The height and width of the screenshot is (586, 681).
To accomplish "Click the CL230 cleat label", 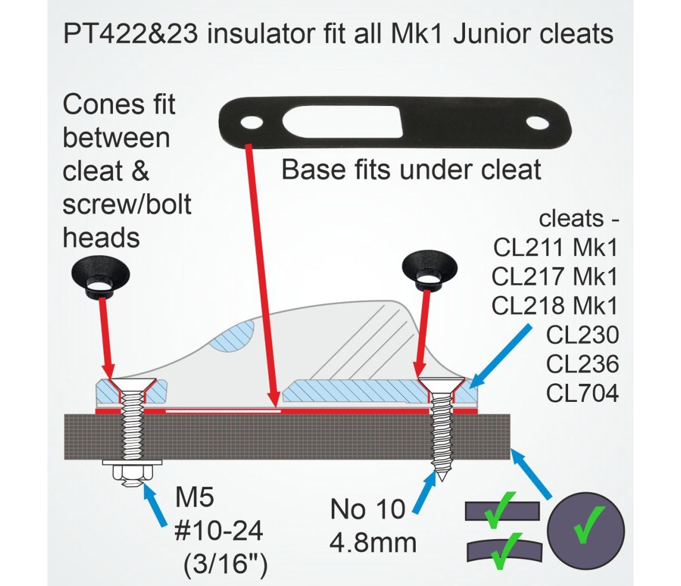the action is click(583, 335).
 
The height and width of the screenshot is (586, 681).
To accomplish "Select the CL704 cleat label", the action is click(583, 394).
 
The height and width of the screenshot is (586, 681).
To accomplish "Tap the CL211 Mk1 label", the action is click(555, 248).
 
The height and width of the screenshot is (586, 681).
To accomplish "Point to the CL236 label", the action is click(583, 364).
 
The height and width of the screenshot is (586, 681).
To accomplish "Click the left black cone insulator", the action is click(101, 278).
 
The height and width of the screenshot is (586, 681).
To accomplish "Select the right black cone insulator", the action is click(430, 270).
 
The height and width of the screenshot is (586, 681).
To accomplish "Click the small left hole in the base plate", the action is click(251, 123).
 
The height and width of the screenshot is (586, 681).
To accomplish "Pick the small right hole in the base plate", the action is click(537, 123).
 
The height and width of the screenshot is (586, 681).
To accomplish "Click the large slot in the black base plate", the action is click(342, 122).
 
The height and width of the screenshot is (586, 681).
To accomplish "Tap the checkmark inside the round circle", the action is click(589, 525).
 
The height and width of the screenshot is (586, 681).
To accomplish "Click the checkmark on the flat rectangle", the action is click(500, 510).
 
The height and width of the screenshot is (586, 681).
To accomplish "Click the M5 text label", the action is click(195, 497).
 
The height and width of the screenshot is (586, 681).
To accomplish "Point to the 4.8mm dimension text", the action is click(373, 543).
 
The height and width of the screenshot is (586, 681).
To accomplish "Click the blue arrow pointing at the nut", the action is click(155, 506).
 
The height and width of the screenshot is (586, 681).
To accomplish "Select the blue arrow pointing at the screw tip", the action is click(424, 492).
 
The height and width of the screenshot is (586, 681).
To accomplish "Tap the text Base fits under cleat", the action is click(411, 170).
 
